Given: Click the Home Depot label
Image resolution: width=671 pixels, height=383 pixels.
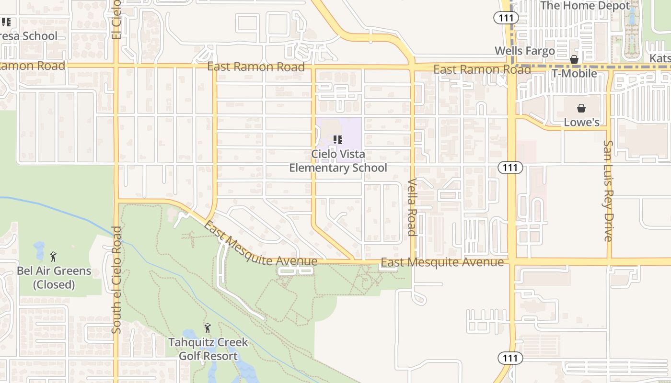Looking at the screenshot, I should [585, 6].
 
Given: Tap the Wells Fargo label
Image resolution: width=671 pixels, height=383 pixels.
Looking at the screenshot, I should [524, 51].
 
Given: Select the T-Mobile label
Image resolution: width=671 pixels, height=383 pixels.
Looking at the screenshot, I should [574, 73].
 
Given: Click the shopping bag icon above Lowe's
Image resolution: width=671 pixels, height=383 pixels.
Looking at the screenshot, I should [581, 108].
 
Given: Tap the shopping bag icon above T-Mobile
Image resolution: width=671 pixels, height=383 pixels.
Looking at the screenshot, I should [574, 59].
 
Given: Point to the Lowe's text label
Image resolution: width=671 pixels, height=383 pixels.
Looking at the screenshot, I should [581, 122].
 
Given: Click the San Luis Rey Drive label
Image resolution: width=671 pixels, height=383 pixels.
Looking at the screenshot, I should [608, 191].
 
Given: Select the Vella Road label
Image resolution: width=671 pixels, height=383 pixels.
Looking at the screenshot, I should [412, 207].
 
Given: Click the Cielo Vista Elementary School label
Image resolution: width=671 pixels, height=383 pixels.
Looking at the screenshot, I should [338, 161].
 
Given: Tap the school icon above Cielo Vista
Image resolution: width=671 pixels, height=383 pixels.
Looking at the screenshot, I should [338, 140].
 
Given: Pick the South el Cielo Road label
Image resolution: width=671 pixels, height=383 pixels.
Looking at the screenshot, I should [116, 280].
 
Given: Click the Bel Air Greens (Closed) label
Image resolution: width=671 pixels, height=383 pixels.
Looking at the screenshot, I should [54, 278].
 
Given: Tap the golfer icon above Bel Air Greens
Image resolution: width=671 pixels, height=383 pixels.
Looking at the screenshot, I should [53, 257].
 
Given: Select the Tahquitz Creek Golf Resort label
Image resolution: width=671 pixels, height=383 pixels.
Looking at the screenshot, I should [208, 349].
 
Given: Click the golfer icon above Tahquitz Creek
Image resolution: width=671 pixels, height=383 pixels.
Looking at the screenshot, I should [208, 328].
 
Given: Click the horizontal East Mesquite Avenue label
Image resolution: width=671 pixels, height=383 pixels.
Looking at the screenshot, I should [442, 262].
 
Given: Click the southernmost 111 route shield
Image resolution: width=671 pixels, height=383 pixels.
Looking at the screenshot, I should [509, 358].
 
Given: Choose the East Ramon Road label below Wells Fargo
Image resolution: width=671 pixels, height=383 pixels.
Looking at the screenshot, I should [482, 70].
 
